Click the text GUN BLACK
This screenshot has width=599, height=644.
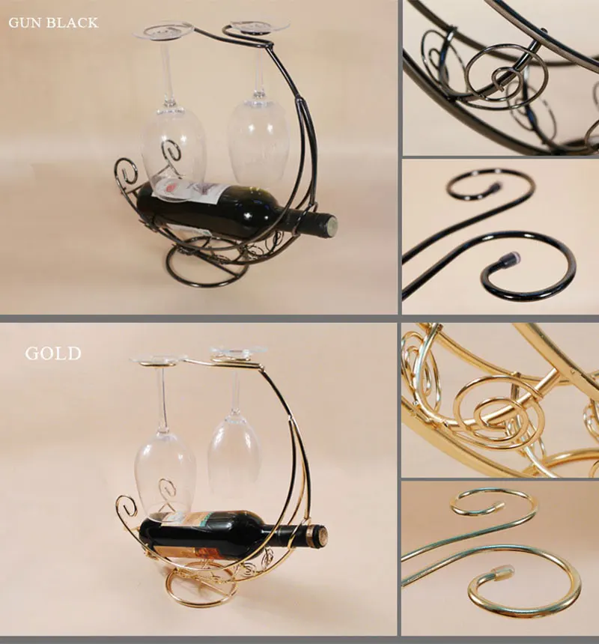pyautogui.click(x=53, y=22)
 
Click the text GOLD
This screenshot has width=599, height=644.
pyautogui.click(x=53, y=353)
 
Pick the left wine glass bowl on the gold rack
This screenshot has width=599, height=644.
pyautogui.click(x=165, y=470)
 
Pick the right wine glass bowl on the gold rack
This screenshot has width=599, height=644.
pyautogui.click(x=234, y=448)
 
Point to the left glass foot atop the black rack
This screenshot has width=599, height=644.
pyautogui.click(x=164, y=31)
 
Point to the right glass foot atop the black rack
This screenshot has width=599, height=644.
pyautogui.click(x=259, y=25)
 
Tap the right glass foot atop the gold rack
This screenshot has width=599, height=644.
pyautogui.click(x=237, y=351)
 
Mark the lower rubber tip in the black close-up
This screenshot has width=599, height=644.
pyautogui.click(x=508, y=261)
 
